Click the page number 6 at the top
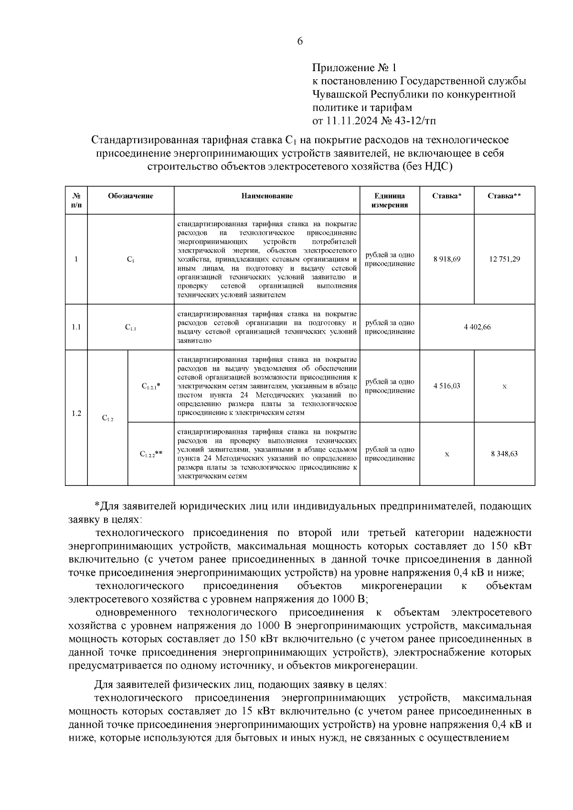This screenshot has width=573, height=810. pyautogui.click(x=300, y=42)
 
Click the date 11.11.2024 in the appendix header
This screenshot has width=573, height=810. pyautogui.click(x=351, y=121)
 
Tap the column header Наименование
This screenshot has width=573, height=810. pyautogui.click(x=266, y=196)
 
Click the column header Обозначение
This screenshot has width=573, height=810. pyautogui.click(x=130, y=196)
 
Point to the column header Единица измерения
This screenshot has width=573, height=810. pyautogui.click(x=390, y=200)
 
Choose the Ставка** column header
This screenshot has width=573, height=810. pyautogui.click(x=504, y=196)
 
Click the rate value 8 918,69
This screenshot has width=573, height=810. pyautogui.click(x=447, y=259)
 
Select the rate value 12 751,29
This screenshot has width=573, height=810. pyautogui.click(x=504, y=259)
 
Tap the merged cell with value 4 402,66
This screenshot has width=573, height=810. pyautogui.click(x=477, y=327)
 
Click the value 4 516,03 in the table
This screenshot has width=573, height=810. pyautogui.click(x=447, y=386)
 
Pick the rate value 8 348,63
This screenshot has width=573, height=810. pyautogui.click(x=504, y=454)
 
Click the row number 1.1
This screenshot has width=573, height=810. pyautogui.click(x=76, y=327)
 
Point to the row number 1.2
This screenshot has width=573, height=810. pyautogui.click(x=76, y=413)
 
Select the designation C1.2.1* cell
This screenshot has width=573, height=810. pyautogui.click(x=151, y=386)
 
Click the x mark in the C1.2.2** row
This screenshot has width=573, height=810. pyautogui.click(x=447, y=454)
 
